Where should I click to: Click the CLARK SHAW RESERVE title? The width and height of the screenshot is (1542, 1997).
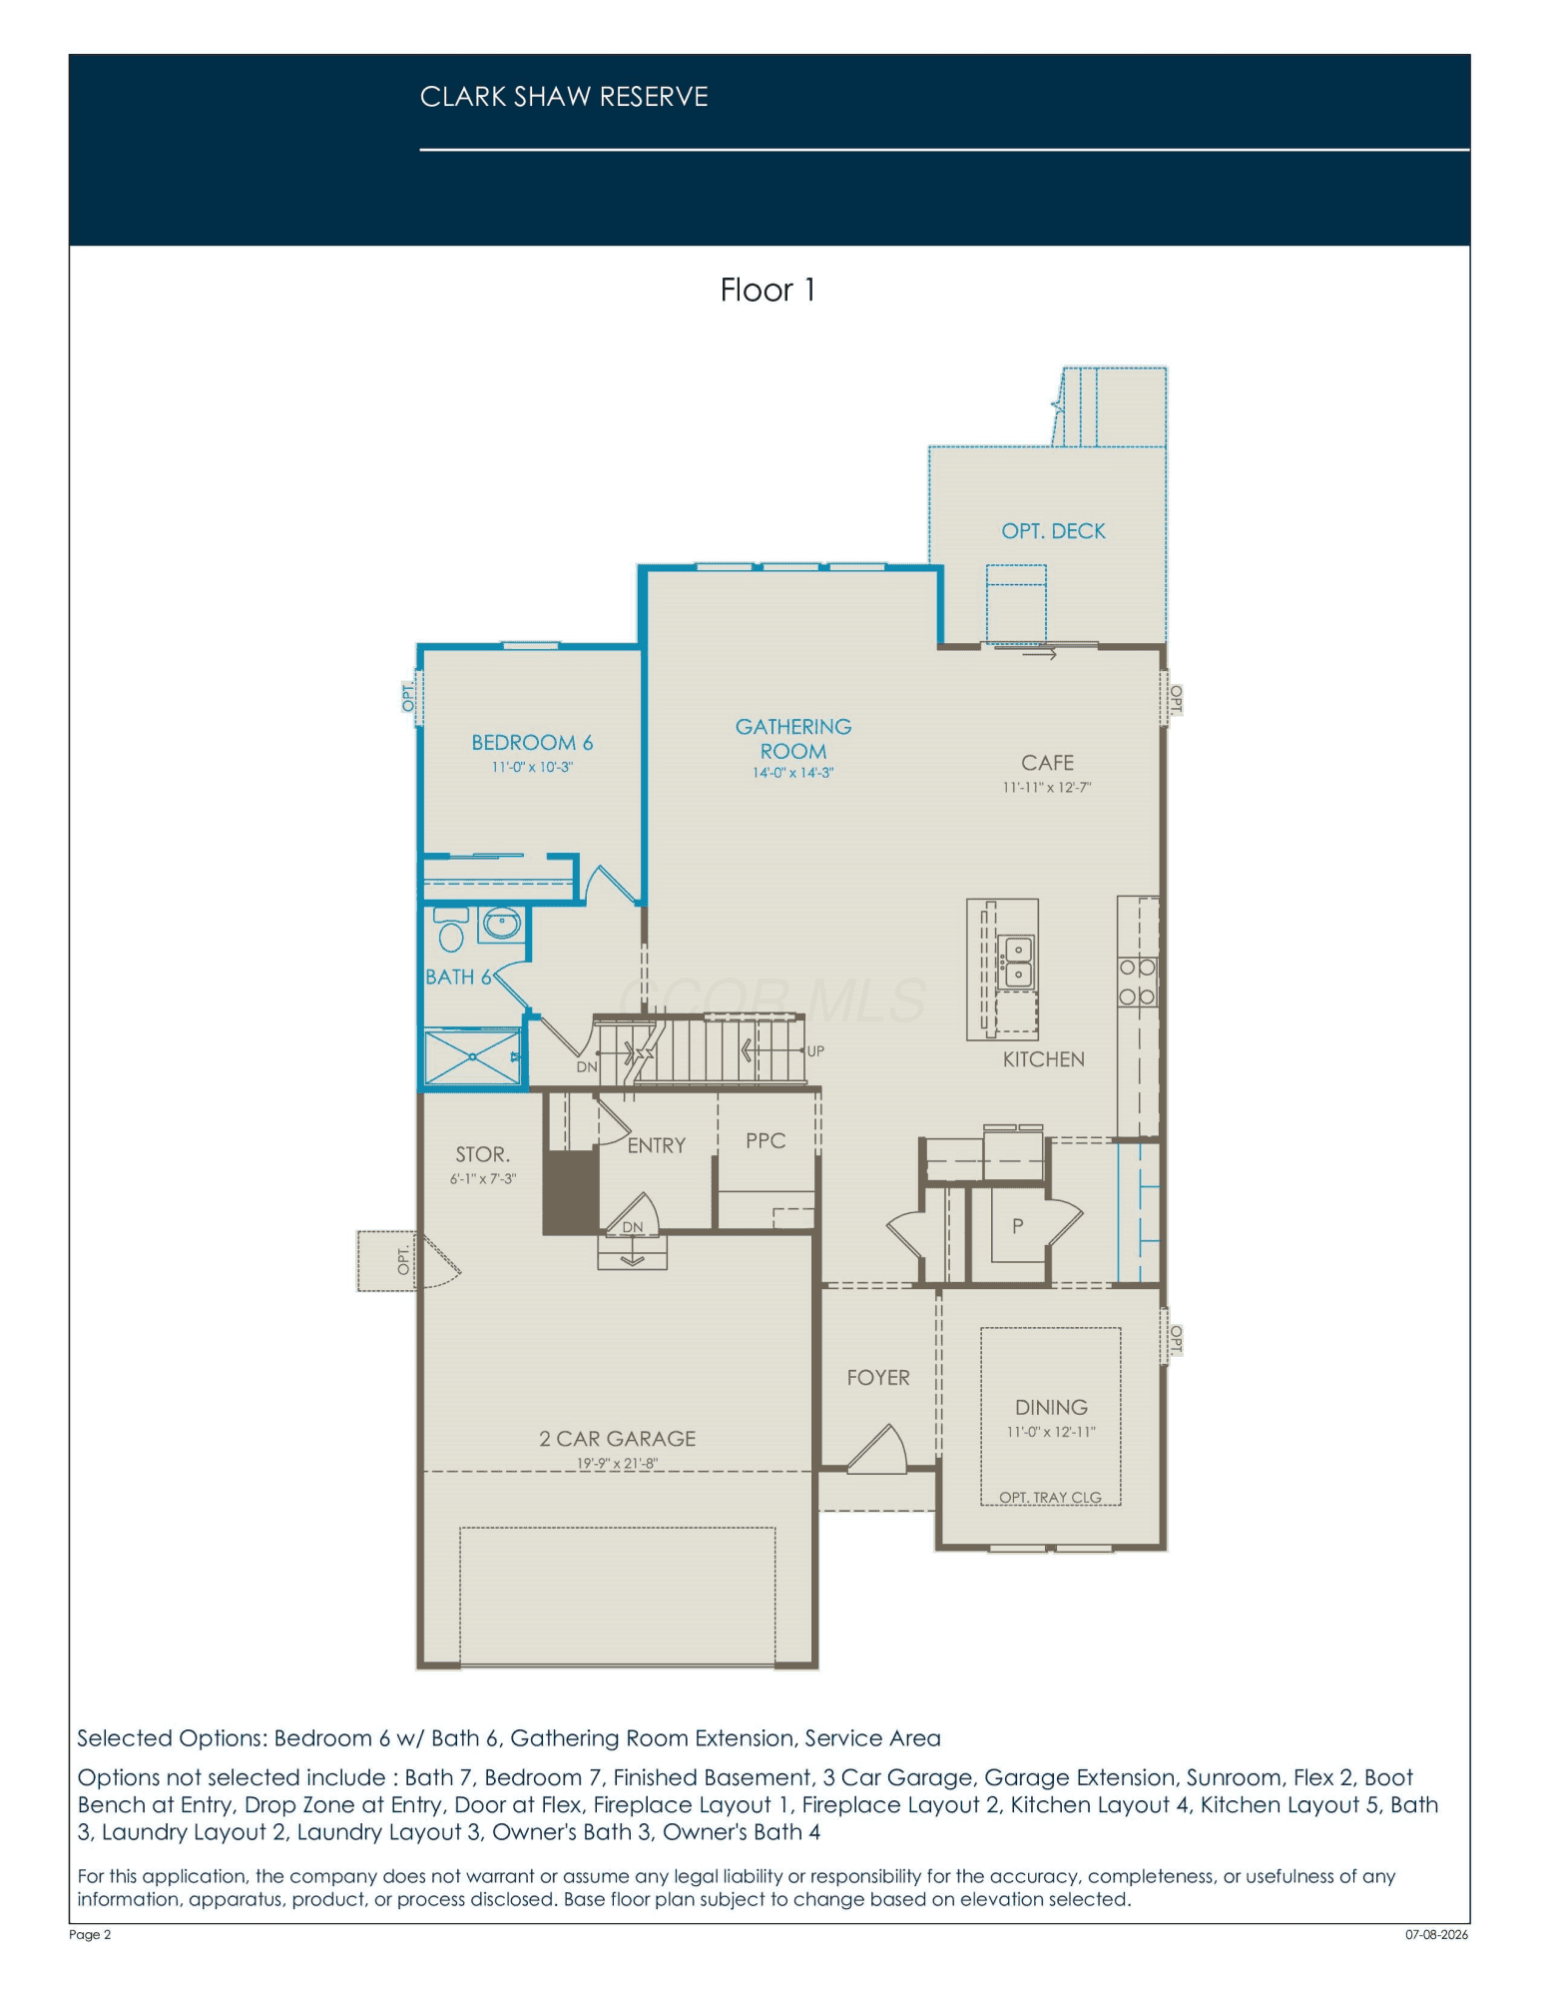tap(564, 97)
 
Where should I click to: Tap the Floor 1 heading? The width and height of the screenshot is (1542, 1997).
tap(768, 290)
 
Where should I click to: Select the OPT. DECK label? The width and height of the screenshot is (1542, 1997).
tap(1053, 531)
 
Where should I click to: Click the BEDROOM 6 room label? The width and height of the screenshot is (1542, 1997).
tap(532, 743)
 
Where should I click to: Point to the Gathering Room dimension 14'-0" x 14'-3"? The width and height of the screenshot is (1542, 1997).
tap(792, 773)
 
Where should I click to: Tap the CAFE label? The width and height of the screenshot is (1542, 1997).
tap(1047, 763)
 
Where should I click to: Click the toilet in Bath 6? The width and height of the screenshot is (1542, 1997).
tap(451, 930)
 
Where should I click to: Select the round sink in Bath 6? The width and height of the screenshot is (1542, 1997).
tap(501, 924)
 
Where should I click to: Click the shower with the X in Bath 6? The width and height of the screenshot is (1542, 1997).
tap(473, 1057)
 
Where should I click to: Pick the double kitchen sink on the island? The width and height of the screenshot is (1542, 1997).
tap(1017, 962)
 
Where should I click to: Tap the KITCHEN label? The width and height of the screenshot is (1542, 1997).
tap(1043, 1059)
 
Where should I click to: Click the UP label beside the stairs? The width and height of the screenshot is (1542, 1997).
tap(815, 1051)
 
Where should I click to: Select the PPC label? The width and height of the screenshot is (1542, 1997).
tap(766, 1140)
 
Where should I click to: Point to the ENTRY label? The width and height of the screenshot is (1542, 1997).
tap(656, 1145)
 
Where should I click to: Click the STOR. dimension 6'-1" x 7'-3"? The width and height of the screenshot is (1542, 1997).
tap(482, 1179)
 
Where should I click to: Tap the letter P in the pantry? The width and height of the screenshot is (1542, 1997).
tap(1017, 1226)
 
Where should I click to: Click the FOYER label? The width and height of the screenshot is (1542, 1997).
tap(878, 1378)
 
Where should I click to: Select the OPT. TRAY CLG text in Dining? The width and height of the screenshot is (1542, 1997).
tap(1050, 1498)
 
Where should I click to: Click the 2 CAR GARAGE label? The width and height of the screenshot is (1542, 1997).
tap(617, 1439)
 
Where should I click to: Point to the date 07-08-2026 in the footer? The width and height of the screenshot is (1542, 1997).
tap(1436, 1934)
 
